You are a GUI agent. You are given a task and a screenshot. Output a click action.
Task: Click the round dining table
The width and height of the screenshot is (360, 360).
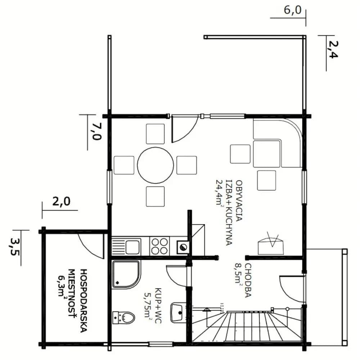156,165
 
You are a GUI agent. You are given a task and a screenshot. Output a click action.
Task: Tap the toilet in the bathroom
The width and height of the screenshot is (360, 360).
123,318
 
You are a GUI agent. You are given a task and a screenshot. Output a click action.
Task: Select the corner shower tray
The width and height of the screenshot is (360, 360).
126,275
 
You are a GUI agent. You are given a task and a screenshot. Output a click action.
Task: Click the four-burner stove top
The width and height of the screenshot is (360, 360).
159,246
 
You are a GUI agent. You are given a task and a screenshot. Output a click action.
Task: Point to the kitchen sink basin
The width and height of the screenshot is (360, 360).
132,247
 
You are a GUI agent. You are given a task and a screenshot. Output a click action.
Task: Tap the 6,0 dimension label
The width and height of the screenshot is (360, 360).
292,10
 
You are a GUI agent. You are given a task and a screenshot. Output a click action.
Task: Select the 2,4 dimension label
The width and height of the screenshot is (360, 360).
332,50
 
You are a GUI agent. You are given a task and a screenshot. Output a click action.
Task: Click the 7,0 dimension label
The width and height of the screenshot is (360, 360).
96,131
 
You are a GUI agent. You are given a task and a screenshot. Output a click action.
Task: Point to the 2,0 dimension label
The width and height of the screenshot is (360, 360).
61,202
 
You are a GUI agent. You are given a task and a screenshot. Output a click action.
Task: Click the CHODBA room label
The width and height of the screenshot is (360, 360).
248,280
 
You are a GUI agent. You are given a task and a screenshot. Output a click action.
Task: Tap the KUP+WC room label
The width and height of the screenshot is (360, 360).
158,306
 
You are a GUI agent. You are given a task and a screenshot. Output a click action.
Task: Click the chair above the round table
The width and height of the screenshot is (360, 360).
155,134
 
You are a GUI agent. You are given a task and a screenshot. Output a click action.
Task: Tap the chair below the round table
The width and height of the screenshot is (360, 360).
155,197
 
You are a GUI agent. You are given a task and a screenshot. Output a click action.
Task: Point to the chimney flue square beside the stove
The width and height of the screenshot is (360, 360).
183,247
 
